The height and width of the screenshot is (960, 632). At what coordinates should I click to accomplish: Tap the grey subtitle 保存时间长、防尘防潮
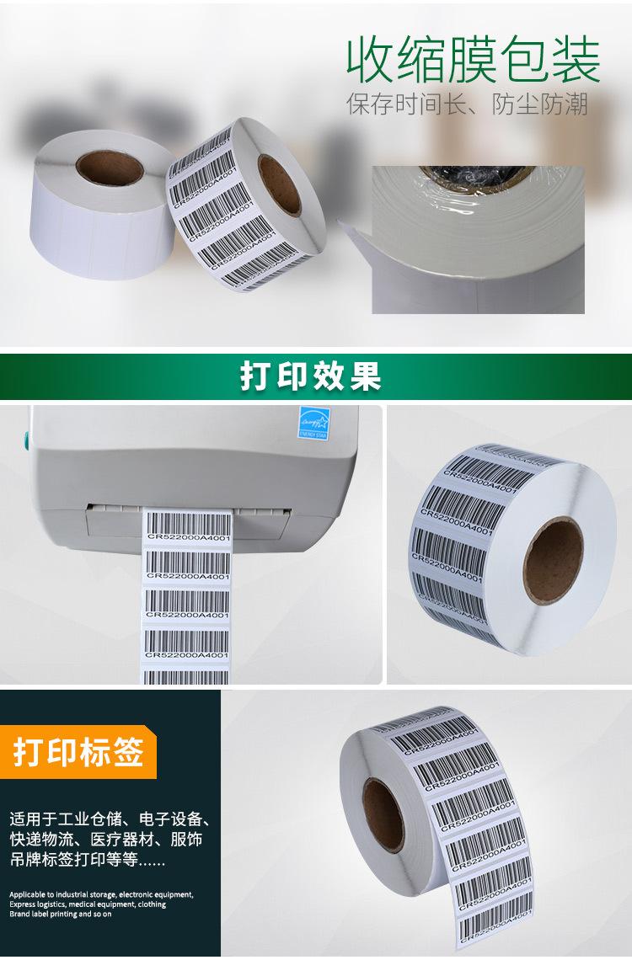tap(467, 104)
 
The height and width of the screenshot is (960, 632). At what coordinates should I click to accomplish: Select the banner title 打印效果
tap(311, 376)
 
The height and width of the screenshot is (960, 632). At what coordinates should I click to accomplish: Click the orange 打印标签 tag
tap(78, 752)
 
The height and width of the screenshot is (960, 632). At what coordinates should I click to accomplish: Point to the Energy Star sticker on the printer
tap(313, 422)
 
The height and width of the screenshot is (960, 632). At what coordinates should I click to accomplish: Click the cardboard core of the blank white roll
tap(110, 167)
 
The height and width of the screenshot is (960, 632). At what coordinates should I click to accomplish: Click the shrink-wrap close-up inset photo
tap(478, 239)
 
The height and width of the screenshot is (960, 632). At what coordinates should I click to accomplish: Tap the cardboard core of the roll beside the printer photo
tap(553, 560)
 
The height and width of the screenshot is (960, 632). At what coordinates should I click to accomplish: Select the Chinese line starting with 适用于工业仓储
tap(109, 819)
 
